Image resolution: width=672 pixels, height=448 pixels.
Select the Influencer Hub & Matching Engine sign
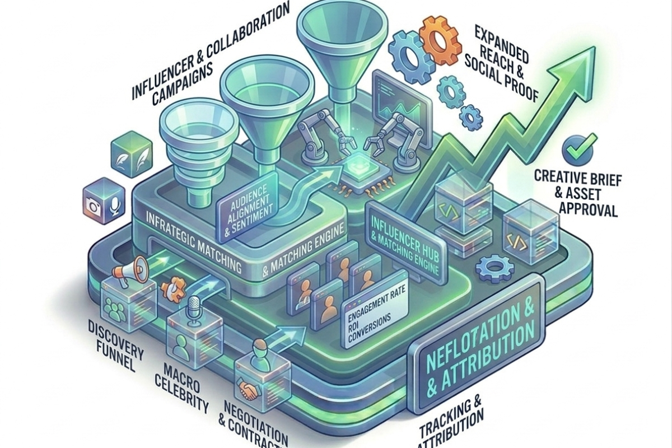403,242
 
